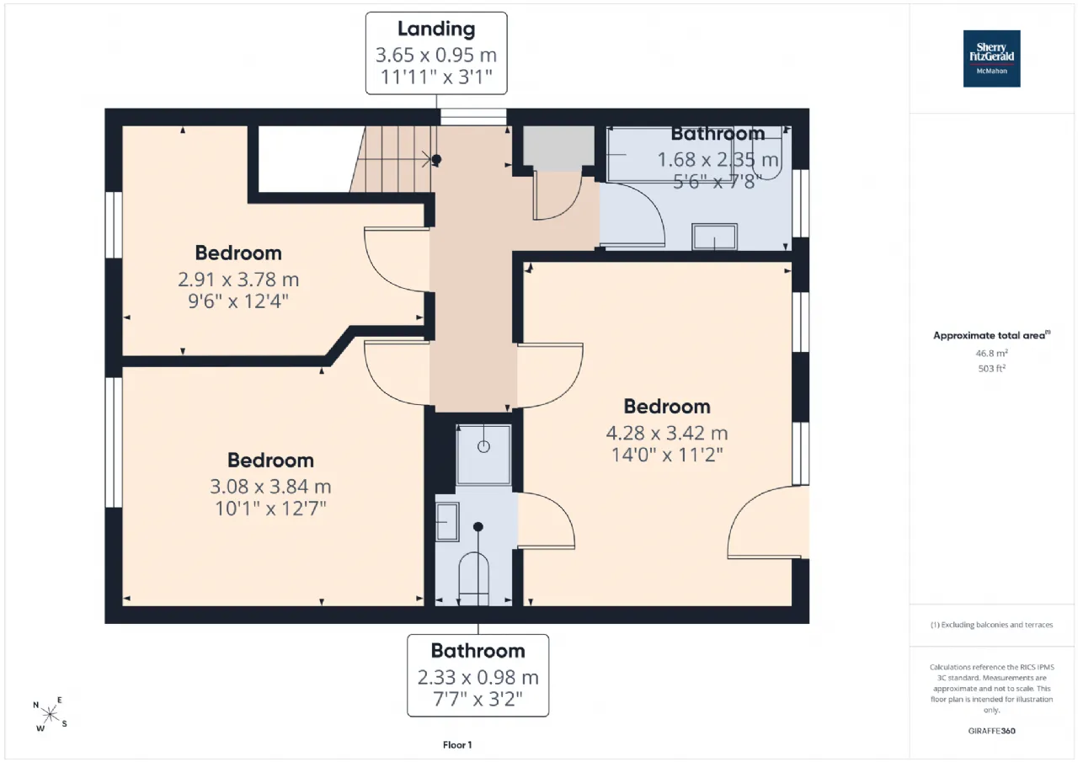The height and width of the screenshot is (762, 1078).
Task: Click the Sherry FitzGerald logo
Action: click(x=991, y=59)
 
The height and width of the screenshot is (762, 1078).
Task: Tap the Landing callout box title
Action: click(x=436, y=29)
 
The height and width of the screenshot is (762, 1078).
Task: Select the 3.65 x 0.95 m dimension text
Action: click(x=436, y=55)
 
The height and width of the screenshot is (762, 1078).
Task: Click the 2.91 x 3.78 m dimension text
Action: click(x=238, y=280)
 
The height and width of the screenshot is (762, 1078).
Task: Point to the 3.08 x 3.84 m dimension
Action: click(x=270, y=487)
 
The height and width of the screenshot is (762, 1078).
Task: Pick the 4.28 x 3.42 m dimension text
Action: click(x=666, y=433)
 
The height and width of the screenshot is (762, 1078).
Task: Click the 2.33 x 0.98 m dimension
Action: click(x=478, y=677)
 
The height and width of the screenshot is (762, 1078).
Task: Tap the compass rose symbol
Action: click(x=50, y=714)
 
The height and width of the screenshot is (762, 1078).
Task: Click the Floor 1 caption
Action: click(x=457, y=744)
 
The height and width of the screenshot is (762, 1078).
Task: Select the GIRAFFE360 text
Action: click(x=991, y=731)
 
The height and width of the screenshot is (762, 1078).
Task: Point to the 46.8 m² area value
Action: click(x=991, y=353)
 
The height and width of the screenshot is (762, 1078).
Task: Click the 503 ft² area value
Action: click(x=991, y=369)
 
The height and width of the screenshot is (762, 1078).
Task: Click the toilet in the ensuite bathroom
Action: click(x=474, y=578)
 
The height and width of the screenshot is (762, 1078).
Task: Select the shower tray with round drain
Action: click(x=483, y=455)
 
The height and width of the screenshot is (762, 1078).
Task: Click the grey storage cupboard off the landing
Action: click(x=558, y=148)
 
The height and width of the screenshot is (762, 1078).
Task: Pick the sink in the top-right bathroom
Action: click(x=714, y=237)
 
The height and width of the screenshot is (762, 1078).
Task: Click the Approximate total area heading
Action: click(x=991, y=335)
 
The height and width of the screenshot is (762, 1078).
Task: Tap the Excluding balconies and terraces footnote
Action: click(x=991, y=625)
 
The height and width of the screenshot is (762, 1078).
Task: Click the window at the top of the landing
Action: click(x=473, y=117)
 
